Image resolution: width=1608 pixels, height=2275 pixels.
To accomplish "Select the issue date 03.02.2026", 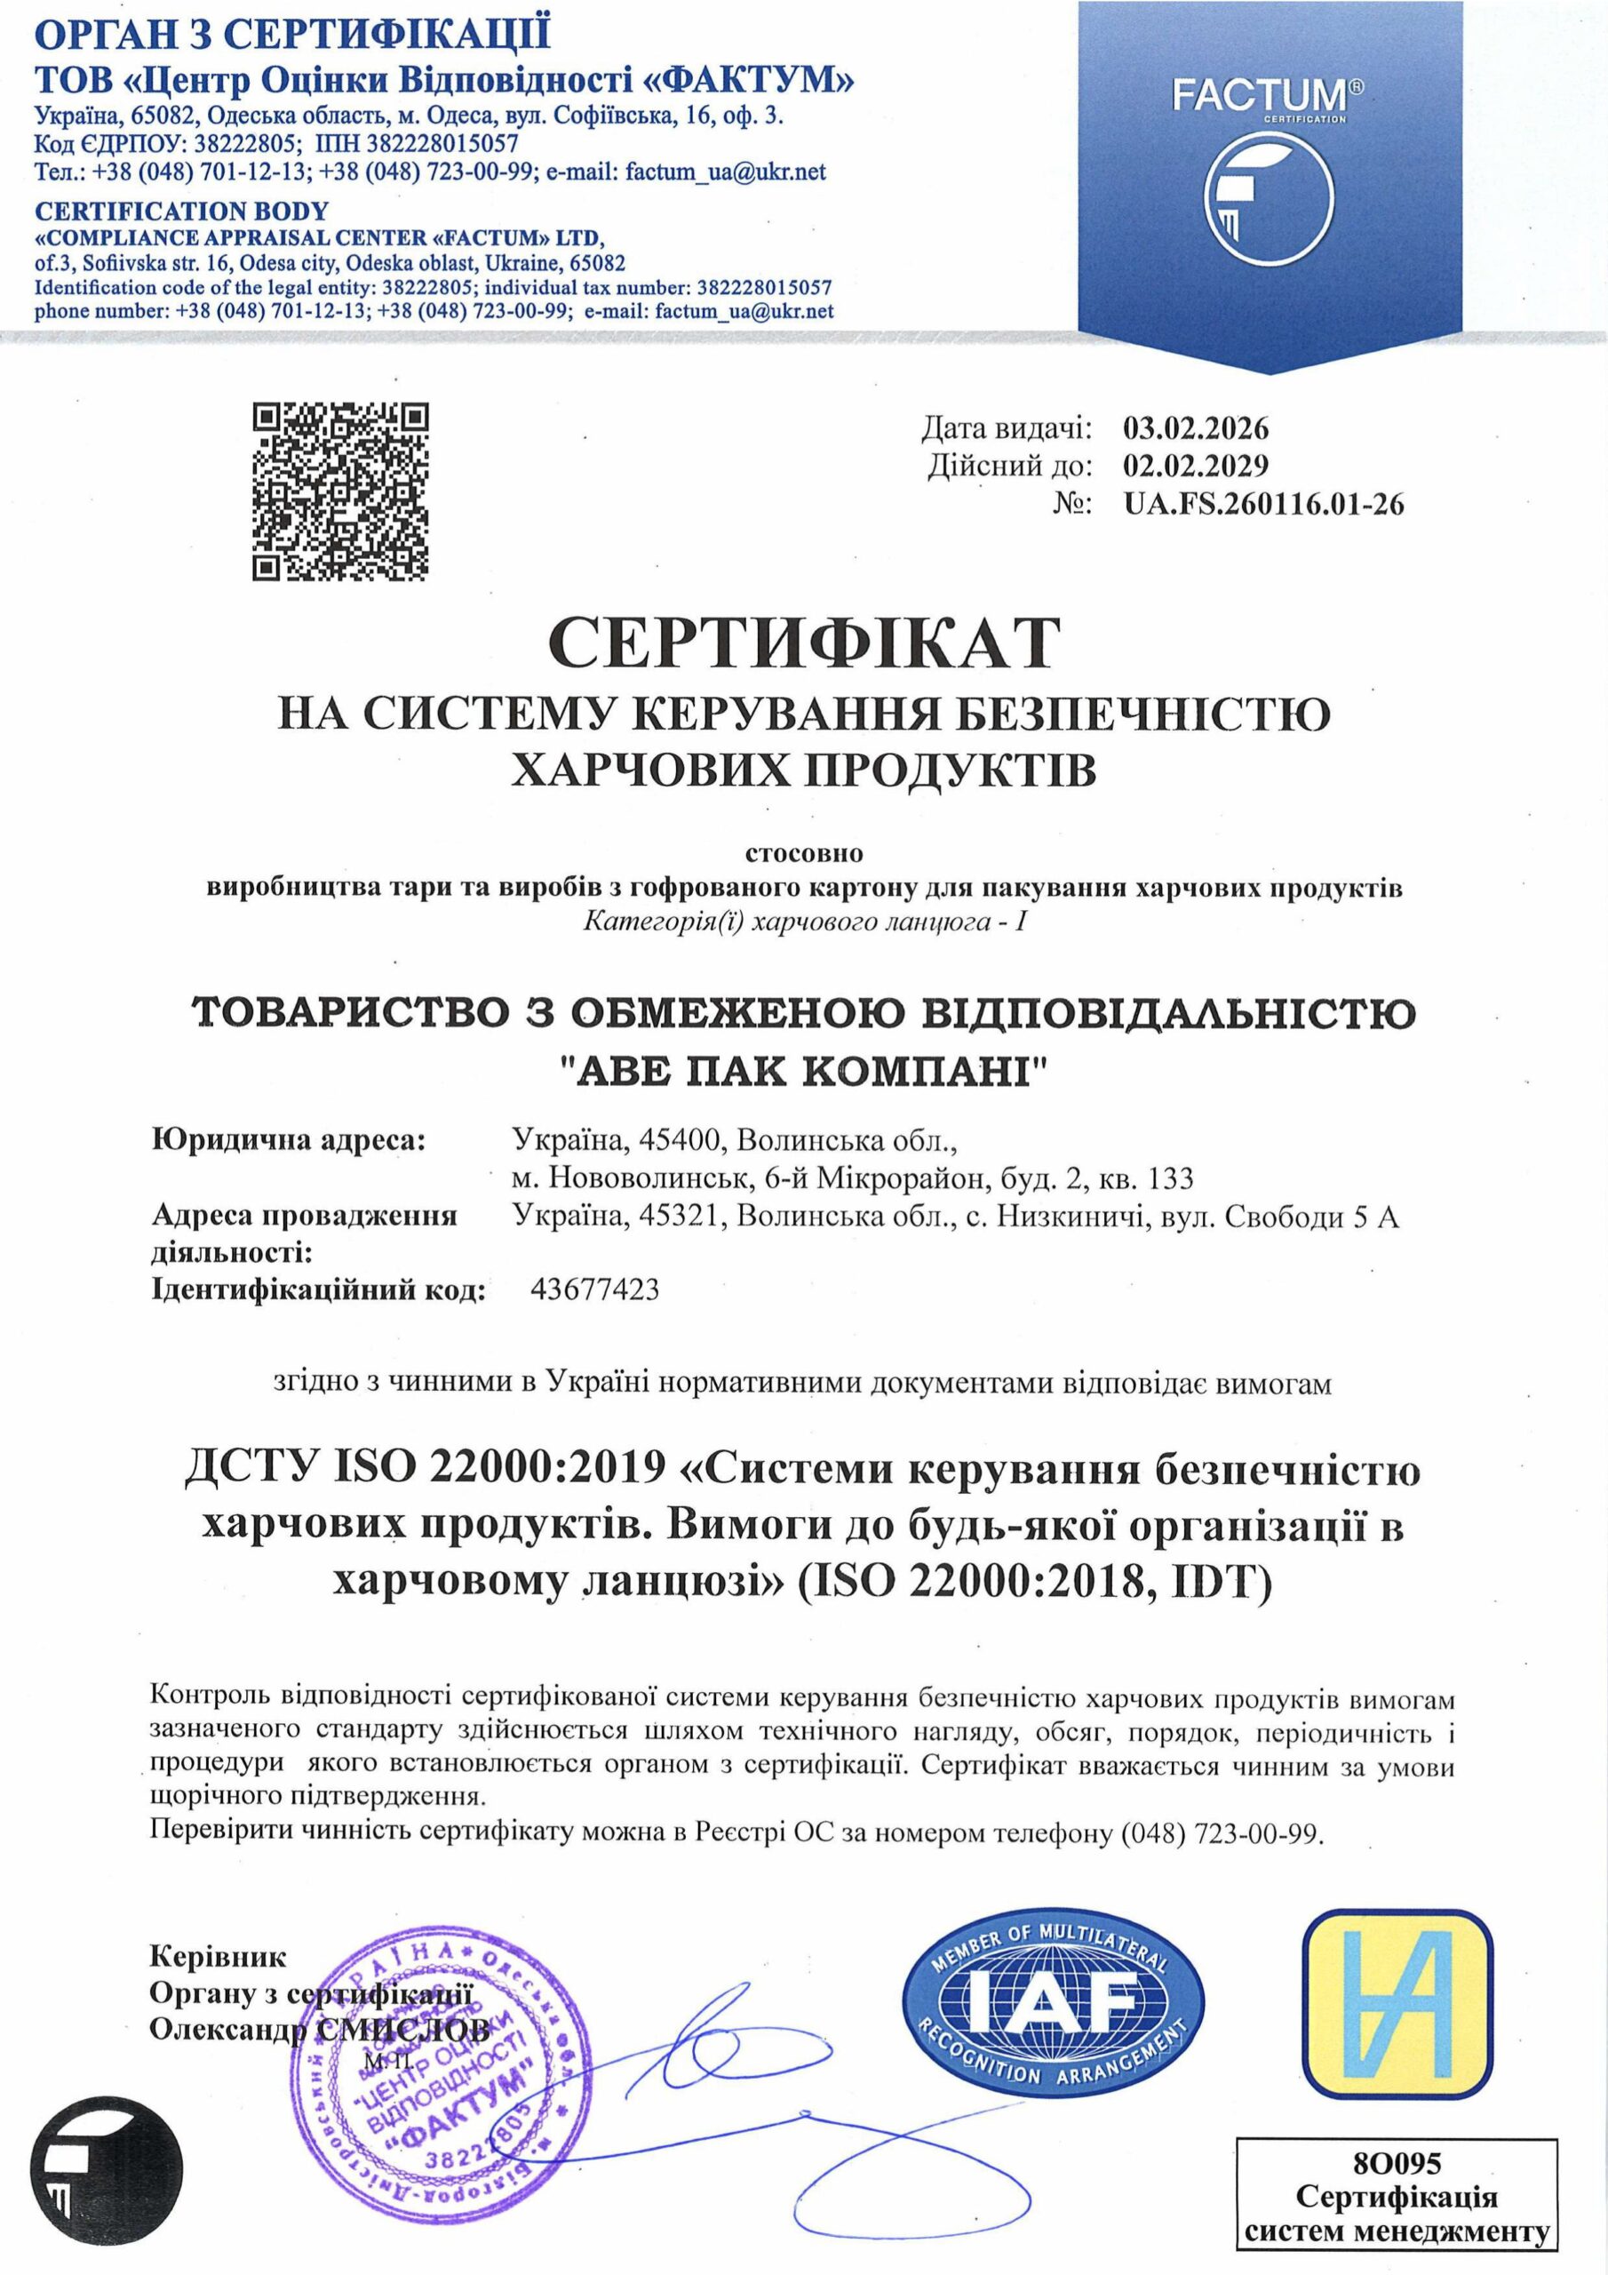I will click(x=1196, y=428).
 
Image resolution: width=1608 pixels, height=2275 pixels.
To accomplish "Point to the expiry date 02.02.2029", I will click(x=1196, y=466).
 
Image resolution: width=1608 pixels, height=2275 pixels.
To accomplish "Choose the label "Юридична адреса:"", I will click(x=287, y=1140).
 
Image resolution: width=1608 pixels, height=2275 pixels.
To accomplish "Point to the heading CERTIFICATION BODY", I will click(x=181, y=211).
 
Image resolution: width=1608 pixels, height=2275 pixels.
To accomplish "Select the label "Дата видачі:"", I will click(x=1006, y=428).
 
